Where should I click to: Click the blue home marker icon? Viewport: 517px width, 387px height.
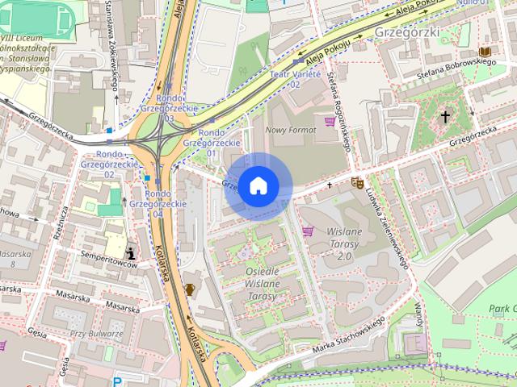click(258, 186)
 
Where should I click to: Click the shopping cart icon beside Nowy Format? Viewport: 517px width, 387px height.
click(329, 122)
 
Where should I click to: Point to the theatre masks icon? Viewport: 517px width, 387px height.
click(356, 183)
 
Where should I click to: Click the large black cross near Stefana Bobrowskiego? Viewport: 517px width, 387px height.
click(444, 117)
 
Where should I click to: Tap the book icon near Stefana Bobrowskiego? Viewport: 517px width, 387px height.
click(485, 52)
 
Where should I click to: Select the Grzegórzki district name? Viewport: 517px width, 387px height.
click(407, 31)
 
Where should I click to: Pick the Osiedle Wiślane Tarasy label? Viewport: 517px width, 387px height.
click(260, 284)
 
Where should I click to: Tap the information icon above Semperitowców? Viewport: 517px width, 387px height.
click(131, 253)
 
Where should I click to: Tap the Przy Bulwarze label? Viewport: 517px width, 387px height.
click(95, 334)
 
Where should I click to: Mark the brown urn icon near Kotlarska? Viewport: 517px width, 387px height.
click(190, 289)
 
